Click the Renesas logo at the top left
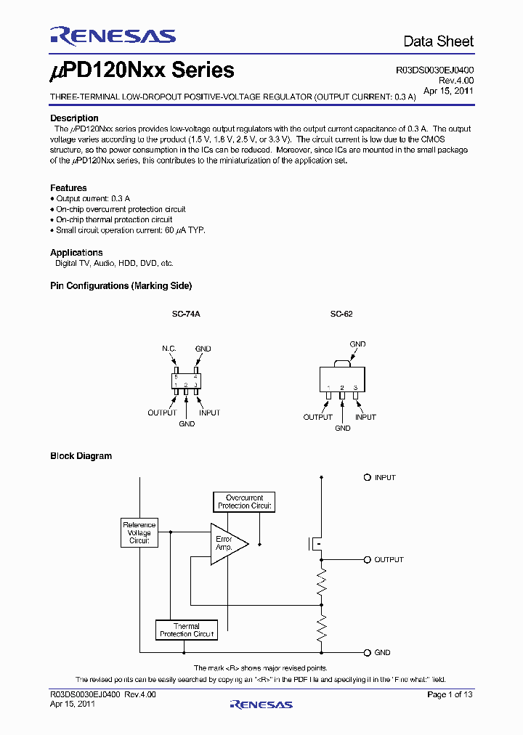113,36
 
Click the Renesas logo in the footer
261,704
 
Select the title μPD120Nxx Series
142,70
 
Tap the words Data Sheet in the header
438,41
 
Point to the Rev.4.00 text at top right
454,81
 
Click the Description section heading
74,118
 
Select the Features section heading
68,187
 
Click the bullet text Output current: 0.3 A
93,198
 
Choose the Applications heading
76,253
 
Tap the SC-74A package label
186,314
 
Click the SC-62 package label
341,314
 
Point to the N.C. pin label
169,349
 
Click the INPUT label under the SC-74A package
209,413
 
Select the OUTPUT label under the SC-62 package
317,417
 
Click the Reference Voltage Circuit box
139,533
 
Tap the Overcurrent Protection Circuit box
244,502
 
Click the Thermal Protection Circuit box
187,630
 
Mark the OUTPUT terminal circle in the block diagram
368,560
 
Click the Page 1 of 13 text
450,695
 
